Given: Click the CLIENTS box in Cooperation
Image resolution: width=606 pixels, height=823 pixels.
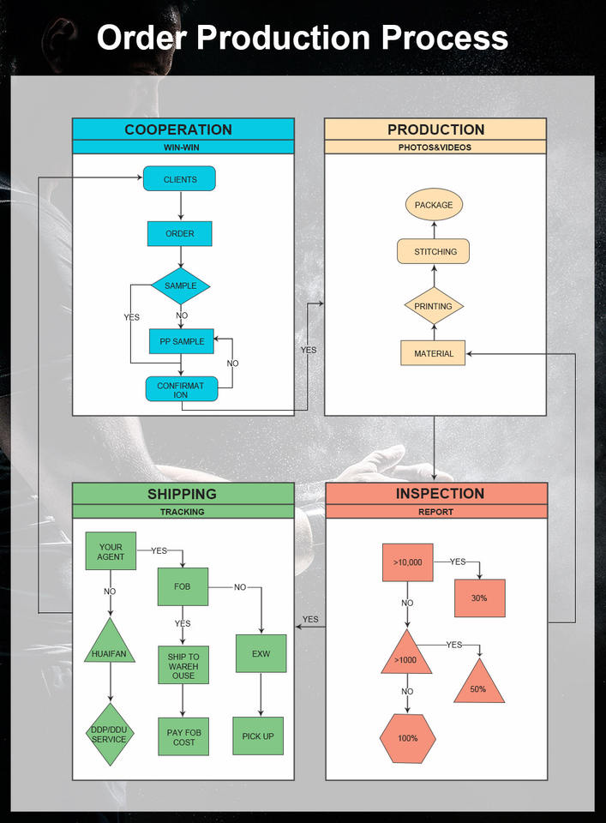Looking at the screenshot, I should click(x=180, y=179).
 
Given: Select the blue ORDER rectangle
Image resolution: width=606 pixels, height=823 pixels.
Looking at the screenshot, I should click(x=180, y=233).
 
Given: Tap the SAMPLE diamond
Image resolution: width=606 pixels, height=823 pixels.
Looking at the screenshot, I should click(x=180, y=285).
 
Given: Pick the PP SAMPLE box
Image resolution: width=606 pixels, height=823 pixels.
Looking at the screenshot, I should click(x=182, y=341).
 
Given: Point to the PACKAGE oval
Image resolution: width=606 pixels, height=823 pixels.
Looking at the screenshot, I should click(x=434, y=205).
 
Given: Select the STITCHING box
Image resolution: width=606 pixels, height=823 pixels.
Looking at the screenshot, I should click(x=434, y=251).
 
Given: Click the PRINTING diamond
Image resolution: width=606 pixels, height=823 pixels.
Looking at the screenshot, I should click(x=434, y=306).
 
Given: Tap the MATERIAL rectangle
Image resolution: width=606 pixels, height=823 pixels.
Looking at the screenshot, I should click(x=434, y=353).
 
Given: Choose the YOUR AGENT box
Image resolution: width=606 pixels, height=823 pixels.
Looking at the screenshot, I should click(x=111, y=551).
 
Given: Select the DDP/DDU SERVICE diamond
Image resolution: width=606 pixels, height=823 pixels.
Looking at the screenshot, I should click(x=110, y=734).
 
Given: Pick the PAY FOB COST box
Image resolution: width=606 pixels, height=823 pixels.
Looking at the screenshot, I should click(x=183, y=736).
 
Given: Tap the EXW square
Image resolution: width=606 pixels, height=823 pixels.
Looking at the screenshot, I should click(x=261, y=653).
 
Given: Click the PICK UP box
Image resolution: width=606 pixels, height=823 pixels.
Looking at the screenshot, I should click(x=258, y=736).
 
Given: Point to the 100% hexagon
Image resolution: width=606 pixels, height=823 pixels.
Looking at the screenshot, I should click(x=408, y=738).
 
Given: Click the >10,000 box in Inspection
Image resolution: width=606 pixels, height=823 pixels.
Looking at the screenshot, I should click(x=407, y=562).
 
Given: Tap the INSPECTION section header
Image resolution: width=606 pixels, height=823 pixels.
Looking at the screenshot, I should click(x=439, y=494).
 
